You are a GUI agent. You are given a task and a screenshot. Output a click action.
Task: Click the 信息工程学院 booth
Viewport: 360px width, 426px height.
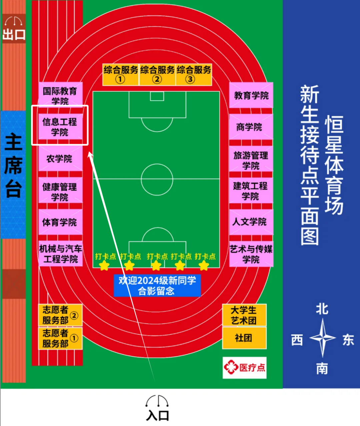[x=60, y=126]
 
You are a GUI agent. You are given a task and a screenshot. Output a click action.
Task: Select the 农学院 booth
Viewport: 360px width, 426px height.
[x=60, y=159]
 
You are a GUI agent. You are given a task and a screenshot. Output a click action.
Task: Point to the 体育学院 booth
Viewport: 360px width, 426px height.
[x=60, y=222]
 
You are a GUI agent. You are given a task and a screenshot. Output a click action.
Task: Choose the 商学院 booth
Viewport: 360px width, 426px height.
[x=251, y=127]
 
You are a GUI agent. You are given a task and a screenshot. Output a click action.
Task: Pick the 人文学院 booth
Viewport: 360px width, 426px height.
[x=251, y=222]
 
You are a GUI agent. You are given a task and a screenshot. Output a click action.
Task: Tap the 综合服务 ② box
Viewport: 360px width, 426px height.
[x=157, y=74]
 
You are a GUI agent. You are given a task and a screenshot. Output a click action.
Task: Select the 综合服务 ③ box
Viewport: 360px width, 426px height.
[x=194, y=74]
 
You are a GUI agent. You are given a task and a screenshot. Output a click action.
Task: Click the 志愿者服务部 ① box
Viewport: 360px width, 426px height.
[x=60, y=338]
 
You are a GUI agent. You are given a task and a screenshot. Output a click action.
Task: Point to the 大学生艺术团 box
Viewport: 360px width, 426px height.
[x=244, y=315]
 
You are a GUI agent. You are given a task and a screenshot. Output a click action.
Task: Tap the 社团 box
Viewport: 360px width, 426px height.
[x=244, y=338]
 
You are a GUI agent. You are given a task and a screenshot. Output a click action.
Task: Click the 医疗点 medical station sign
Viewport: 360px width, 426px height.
[x=244, y=368]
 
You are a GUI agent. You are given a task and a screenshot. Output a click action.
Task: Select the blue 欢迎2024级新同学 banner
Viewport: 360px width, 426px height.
[x=157, y=285]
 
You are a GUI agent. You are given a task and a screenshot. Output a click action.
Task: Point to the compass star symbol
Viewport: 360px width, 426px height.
[x=322, y=338]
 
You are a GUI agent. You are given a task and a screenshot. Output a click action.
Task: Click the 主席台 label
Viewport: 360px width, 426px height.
[x=13, y=166]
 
